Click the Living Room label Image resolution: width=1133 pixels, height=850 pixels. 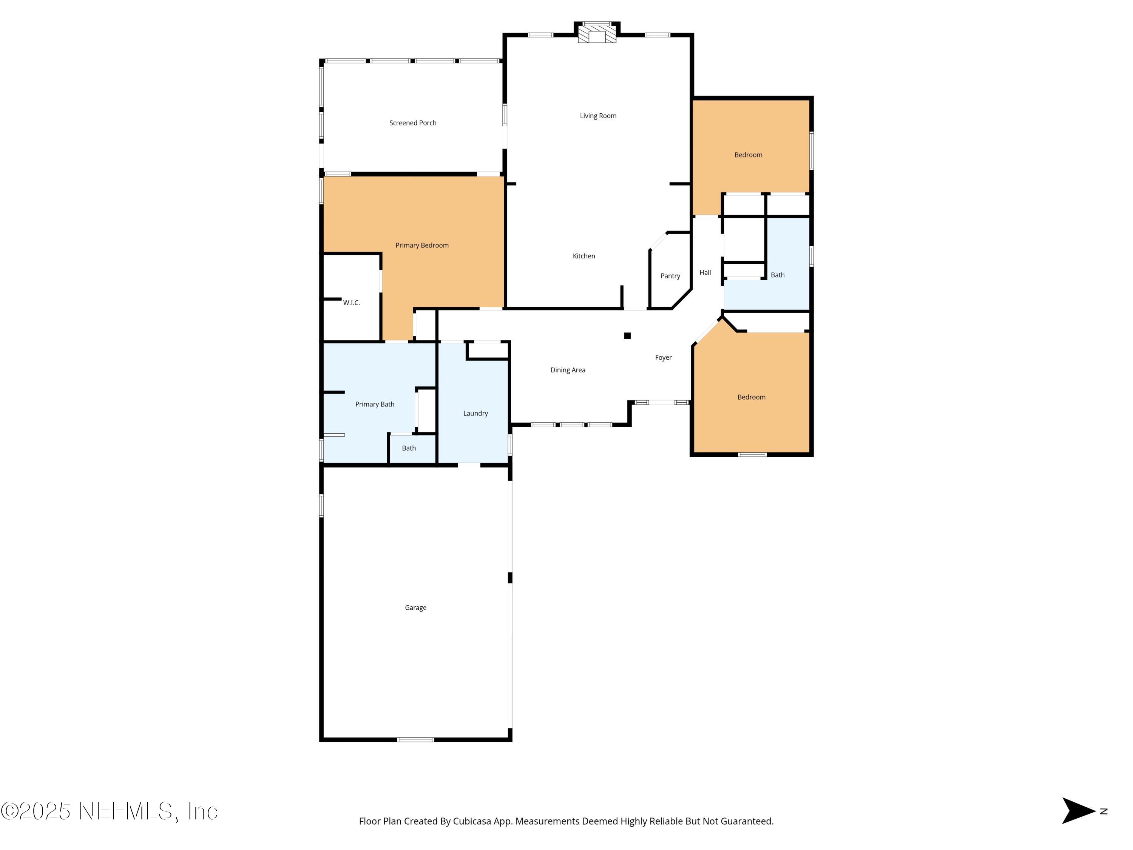(x=598, y=116)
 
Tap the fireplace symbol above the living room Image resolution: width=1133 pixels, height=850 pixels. (x=597, y=34)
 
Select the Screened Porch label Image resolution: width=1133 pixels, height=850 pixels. (x=412, y=123)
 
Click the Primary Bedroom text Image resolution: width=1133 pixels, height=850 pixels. (x=421, y=246)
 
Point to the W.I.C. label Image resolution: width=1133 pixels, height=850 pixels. (x=351, y=303)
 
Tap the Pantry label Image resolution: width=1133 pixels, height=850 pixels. (x=670, y=276)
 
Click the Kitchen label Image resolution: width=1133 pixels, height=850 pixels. (x=583, y=256)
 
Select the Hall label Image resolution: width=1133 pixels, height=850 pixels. (x=705, y=273)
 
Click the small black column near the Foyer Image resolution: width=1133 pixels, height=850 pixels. (x=627, y=335)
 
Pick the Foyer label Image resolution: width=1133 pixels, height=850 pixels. (x=663, y=358)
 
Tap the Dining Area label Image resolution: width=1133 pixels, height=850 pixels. (x=568, y=370)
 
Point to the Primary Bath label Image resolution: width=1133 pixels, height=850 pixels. (x=374, y=404)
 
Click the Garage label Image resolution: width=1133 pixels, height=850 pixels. (x=415, y=607)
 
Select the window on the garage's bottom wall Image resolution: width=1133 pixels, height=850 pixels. (x=415, y=739)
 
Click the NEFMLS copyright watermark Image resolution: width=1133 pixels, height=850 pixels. (x=109, y=811)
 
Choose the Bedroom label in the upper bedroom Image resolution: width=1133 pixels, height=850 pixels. (x=748, y=155)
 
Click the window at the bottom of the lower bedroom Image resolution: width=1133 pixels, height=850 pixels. (x=752, y=454)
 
